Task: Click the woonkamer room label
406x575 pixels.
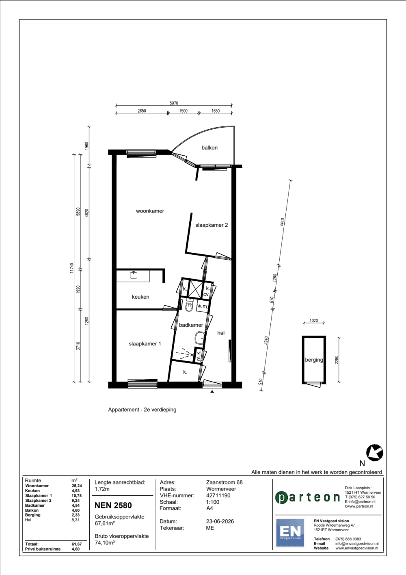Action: click(x=150, y=211)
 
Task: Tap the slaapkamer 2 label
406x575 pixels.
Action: click(x=212, y=225)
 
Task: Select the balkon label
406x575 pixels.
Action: click(x=209, y=148)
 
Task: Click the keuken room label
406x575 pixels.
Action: click(x=140, y=297)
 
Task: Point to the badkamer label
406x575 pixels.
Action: click(x=191, y=325)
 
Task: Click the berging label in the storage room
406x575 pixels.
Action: click(x=314, y=360)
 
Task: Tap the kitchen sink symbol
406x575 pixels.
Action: click(x=133, y=275)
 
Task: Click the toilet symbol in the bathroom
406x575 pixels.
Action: click(x=189, y=306)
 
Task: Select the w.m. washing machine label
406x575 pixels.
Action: click(x=202, y=306)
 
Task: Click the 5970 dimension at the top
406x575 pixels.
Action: click(x=174, y=103)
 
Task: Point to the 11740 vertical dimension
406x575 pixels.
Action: click(x=72, y=268)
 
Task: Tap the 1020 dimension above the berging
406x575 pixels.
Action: click(x=314, y=321)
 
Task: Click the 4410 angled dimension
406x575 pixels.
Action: click(x=283, y=222)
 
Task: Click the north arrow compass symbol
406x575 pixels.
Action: click(x=374, y=452)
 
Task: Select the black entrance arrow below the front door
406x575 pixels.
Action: click(x=212, y=392)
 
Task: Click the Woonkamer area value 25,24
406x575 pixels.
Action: click(x=77, y=486)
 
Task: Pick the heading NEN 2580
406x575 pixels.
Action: click(x=113, y=506)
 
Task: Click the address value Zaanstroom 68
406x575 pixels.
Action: click(x=224, y=482)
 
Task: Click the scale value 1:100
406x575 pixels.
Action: click(x=213, y=502)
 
